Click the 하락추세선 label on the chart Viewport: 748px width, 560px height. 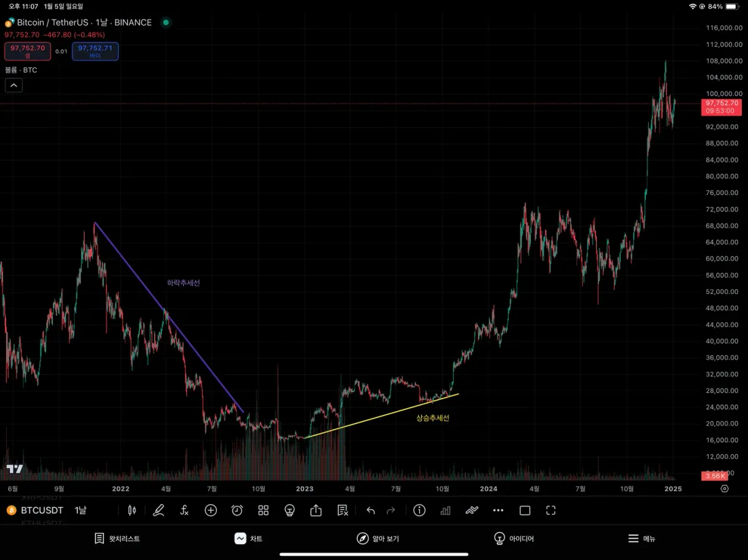pyautogui.click(x=183, y=283)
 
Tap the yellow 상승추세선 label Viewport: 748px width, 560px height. pyautogui.click(x=433, y=418)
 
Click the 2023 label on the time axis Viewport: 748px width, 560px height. pyautogui.click(x=304, y=489)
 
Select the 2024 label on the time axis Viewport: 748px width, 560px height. pyautogui.click(x=488, y=489)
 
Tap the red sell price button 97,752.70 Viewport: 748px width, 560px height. pyautogui.click(x=27, y=50)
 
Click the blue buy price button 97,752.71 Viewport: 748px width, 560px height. pyautogui.click(x=95, y=50)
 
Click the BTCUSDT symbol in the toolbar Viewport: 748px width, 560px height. pyautogui.click(x=42, y=510)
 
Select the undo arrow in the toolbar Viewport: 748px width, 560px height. pyautogui.click(x=371, y=510)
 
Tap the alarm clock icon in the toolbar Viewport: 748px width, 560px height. pyautogui.click(x=237, y=510)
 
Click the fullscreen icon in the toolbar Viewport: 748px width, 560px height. pyautogui.click(x=550, y=510)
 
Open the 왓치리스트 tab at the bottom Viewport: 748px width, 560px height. pyautogui.click(x=117, y=538)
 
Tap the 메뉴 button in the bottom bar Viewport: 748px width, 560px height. pyautogui.click(x=641, y=538)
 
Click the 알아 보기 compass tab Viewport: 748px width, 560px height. pyautogui.click(x=378, y=538)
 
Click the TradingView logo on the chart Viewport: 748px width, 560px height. pyautogui.click(x=15, y=468)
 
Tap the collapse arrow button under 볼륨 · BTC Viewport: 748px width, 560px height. pyautogui.click(x=14, y=85)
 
